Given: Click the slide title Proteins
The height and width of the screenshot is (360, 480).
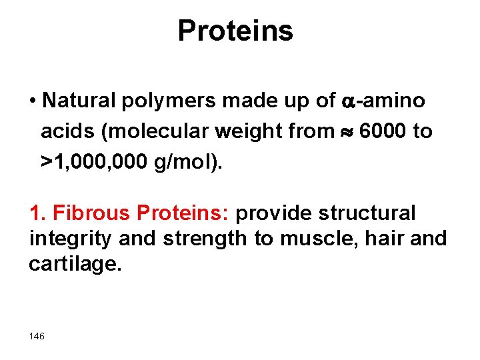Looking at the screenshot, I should click(235, 31).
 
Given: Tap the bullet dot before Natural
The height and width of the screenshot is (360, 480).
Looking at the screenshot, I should click(33, 101).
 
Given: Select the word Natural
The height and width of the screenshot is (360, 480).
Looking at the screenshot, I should click(78, 101).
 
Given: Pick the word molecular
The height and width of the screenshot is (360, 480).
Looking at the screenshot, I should click(157, 131).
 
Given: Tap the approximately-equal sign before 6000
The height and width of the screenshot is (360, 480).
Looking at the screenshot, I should click(347, 132).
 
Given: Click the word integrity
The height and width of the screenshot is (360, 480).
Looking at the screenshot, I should click(67, 239).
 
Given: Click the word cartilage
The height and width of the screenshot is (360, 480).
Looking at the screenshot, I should click(75, 263).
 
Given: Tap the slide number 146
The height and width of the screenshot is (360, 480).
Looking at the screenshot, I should click(37, 337).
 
